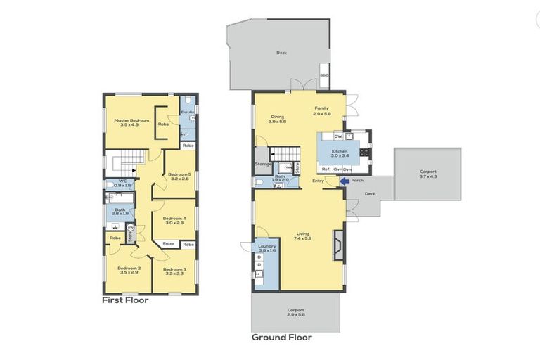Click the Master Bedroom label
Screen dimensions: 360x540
pyautogui.click(x=131, y=121)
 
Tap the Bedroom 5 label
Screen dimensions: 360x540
pyautogui.click(x=179, y=174)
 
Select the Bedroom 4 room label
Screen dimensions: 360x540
pyautogui.click(x=174, y=219)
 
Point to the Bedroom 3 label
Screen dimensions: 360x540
pyautogui.click(x=174, y=269)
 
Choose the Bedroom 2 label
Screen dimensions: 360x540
pyautogui.click(x=129, y=268)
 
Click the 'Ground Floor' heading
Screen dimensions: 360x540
pyautogui.click(x=281, y=337)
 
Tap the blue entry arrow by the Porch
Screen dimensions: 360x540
pyautogui.click(x=345, y=181)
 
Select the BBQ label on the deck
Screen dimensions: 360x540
pyautogui.click(x=324, y=75)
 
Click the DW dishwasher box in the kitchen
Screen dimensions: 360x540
pyautogui.click(x=337, y=136)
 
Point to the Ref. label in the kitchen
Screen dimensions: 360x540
pyautogui.click(x=326, y=169)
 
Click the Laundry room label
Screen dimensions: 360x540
pyautogui.click(x=267, y=246)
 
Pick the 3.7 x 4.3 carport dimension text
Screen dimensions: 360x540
pyautogui.click(x=427, y=176)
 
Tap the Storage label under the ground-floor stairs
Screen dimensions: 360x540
pyautogui.click(x=264, y=165)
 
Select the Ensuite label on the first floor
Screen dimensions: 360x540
pyautogui.click(x=187, y=112)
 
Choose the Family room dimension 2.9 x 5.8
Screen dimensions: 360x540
pyautogui.click(x=321, y=113)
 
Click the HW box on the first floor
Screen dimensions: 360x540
pyautogui.click(x=130, y=227)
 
